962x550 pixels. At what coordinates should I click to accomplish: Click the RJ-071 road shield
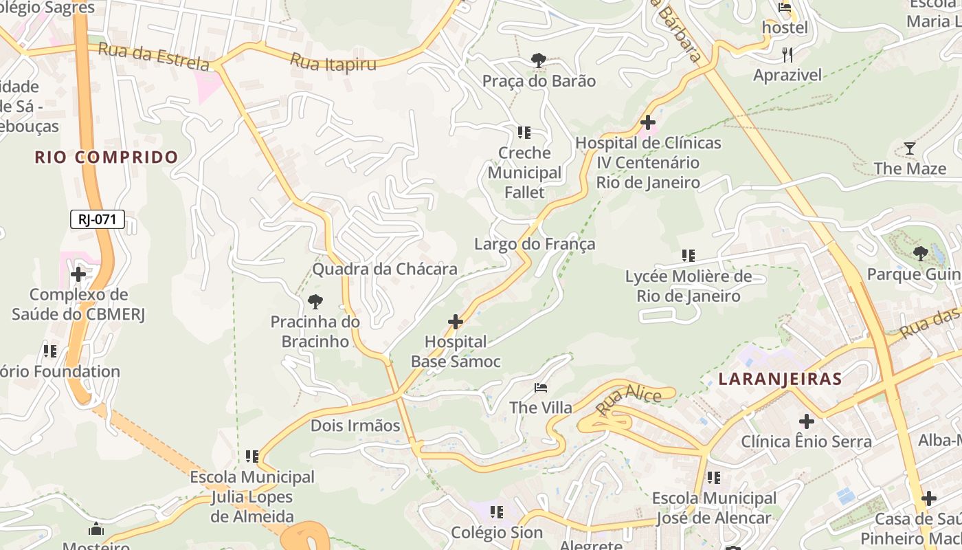point(98,219)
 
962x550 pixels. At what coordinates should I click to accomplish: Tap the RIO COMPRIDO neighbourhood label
point(107,157)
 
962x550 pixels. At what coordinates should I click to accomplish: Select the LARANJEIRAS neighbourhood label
point(780,379)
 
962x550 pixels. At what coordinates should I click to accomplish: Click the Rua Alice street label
point(629,401)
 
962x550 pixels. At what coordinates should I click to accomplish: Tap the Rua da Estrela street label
point(153,56)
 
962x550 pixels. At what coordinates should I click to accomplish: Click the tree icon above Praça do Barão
point(539,60)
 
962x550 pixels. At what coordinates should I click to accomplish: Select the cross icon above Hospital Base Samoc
point(455,321)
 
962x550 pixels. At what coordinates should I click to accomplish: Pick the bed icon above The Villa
point(541,388)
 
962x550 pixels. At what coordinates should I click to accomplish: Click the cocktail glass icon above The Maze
point(910,148)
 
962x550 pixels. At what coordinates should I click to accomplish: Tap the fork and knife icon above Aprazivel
point(787,54)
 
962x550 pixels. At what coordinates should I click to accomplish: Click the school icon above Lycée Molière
point(688,256)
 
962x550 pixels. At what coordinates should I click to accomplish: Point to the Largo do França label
point(535,244)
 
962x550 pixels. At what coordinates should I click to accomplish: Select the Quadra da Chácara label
point(385,269)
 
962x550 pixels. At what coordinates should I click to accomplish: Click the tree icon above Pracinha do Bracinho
point(315,301)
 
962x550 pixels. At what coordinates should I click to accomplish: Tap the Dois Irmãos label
point(355,426)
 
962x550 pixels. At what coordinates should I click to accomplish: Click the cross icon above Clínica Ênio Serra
point(807,421)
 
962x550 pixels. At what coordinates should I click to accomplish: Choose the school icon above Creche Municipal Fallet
point(524,132)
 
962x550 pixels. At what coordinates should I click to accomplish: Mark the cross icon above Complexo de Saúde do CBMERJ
point(78,274)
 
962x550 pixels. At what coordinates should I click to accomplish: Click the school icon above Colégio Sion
point(497,511)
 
